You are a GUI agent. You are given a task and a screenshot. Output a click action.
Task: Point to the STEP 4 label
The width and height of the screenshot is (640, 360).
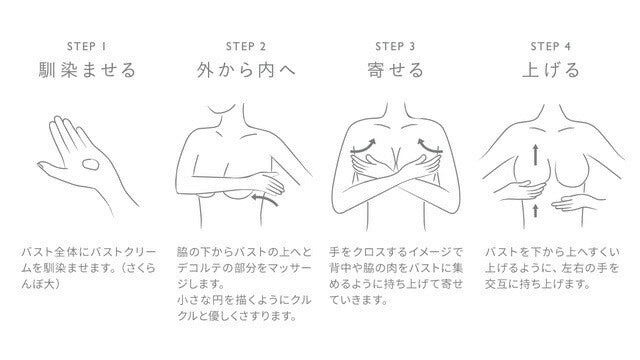click(x=549, y=45)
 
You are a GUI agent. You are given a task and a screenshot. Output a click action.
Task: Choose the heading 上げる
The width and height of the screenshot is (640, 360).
click(x=549, y=71)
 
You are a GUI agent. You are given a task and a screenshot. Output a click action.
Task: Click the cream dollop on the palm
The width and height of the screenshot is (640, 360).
click(x=92, y=168)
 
